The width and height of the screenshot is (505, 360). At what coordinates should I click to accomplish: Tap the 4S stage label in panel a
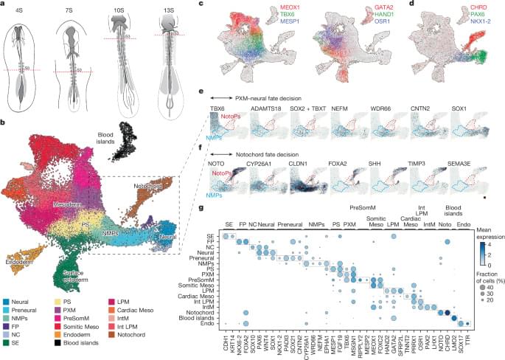pyautogui.click(x=27, y=10)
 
